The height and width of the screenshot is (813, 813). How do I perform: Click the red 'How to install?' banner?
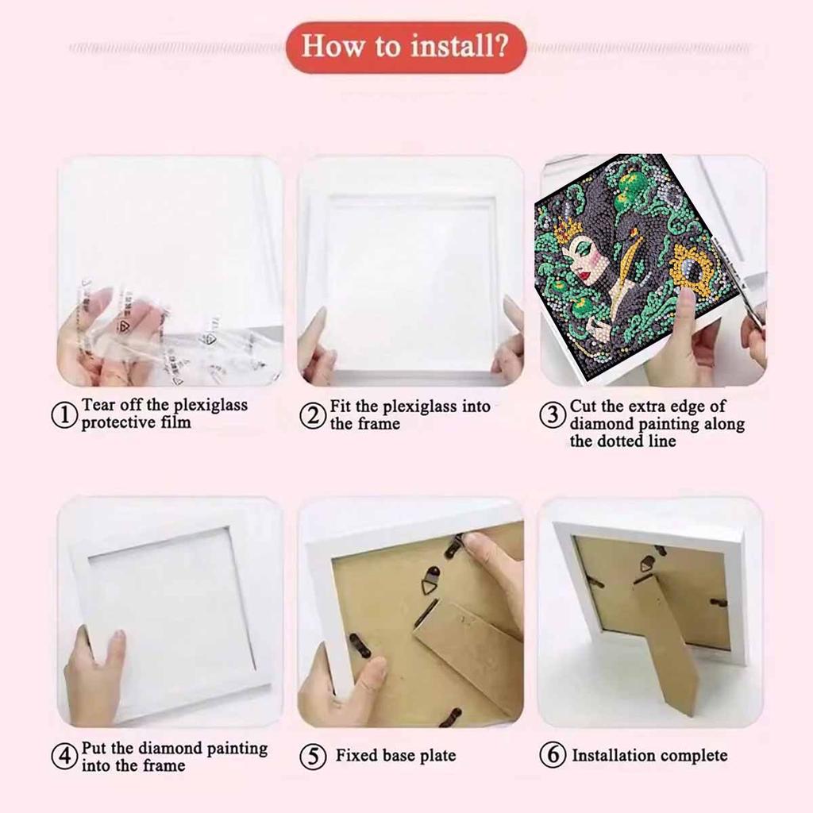(x=406, y=47)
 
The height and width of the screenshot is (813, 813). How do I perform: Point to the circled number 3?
(x=553, y=415)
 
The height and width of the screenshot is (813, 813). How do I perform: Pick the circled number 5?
(x=314, y=756)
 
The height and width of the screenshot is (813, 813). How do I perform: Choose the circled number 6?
(x=553, y=755)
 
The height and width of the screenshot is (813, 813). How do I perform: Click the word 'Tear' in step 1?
(x=98, y=405)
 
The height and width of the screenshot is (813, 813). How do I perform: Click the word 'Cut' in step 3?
(x=583, y=406)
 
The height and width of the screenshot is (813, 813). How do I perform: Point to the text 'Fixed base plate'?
(x=395, y=755)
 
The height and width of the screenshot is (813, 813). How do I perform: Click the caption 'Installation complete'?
(x=649, y=755)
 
